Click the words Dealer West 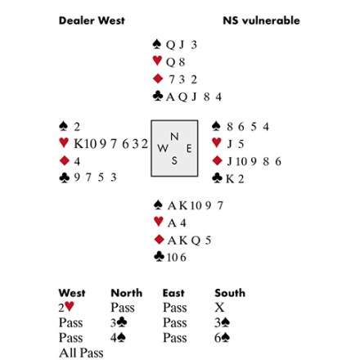tap(92, 20)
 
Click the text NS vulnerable tap(261, 20)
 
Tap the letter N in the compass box tap(174, 136)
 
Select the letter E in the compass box tap(189, 149)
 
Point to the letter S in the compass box tap(174, 160)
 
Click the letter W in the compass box tap(162, 149)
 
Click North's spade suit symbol tap(157, 44)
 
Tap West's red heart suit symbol tap(64, 142)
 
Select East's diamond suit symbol tap(217, 160)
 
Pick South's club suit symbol tap(159, 256)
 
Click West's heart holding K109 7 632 tap(110, 144)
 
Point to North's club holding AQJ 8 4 tap(194, 97)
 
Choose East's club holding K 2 tap(235, 179)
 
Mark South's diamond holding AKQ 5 tap(189, 241)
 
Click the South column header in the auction tap(230, 293)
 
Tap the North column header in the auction tap(127, 293)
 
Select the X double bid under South tap(219, 308)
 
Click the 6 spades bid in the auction tap(222, 338)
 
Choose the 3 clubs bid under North tap(119, 322)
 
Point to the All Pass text tap(81, 353)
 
